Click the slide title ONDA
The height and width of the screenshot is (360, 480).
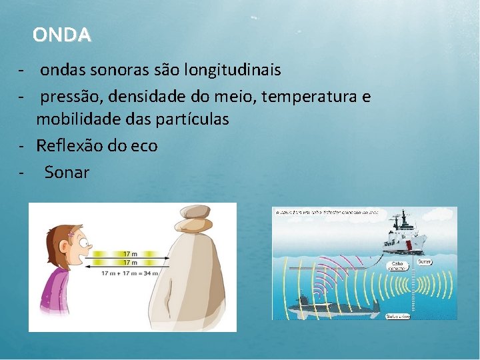point(61,35)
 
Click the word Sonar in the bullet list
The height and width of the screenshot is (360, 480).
point(67,173)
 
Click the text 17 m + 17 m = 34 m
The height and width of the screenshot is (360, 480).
point(129,273)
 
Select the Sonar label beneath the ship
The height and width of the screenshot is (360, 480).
point(424,262)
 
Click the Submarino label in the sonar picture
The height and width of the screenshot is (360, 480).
point(398,316)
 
